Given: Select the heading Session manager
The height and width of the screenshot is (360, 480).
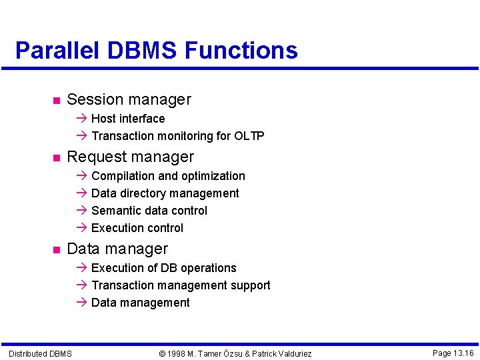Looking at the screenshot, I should point(129,100).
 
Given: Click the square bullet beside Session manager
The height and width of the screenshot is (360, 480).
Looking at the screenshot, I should point(56,101).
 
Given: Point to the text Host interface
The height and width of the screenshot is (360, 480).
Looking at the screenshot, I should point(128,119).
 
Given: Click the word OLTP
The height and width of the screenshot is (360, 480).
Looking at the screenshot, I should point(249,136).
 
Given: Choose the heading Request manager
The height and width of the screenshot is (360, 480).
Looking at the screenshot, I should point(130,157).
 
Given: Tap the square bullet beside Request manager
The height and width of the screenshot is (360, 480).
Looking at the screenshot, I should point(56,158).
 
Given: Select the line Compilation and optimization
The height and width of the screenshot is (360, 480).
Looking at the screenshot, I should point(168,176).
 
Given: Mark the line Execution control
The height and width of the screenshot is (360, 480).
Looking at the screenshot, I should point(137,228).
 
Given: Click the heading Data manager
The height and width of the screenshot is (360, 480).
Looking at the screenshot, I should point(117,249).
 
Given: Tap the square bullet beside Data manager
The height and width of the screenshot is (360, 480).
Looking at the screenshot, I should point(56,250).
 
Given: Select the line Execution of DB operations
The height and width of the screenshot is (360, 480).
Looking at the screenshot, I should point(163,268).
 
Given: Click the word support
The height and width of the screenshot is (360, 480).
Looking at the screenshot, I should point(248,285).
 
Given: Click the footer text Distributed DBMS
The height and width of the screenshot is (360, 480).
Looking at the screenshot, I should point(40,353).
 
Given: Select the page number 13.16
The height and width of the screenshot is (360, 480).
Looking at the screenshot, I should point(461,353).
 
